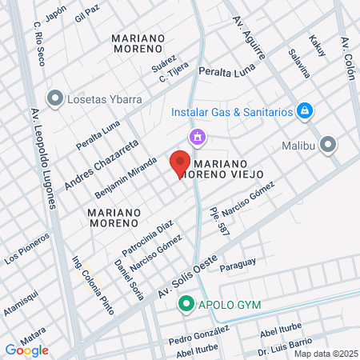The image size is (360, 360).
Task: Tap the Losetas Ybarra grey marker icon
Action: [54, 98]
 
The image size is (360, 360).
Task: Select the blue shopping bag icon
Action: [303, 110]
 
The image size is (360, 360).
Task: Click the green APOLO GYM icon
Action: [186, 304]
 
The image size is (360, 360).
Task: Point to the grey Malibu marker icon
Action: [328, 145]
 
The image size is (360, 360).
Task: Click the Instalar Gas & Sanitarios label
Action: [232, 112]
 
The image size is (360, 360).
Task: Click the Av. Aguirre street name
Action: [248, 39]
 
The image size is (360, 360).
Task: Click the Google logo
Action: [26, 350]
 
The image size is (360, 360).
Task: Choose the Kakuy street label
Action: [318, 46]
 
